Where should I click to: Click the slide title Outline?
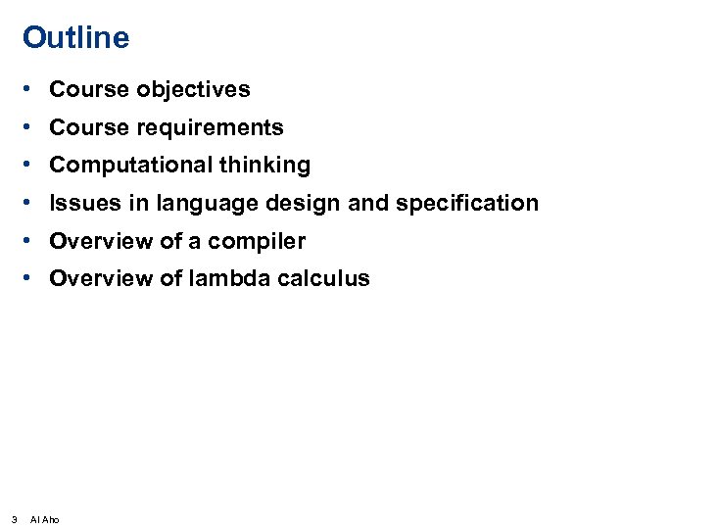pyautogui.click(x=75, y=38)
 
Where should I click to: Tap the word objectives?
pyautogui.click(x=193, y=90)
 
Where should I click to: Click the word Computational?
pyautogui.click(x=131, y=166)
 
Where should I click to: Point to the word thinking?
pyautogui.click(x=264, y=166)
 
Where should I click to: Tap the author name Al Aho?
pyautogui.click(x=45, y=519)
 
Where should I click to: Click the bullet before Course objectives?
pyautogui.click(x=32, y=90)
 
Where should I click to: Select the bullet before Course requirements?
pyautogui.click(x=32, y=127)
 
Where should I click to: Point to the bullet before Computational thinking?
pyautogui.click(x=32, y=166)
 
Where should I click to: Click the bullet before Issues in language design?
pyautogui.click(x=32, y=203)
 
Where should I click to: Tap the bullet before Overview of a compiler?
pyautogui.click(x=32, y=240)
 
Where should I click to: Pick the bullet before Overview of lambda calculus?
pyautogui.click(x=32, y=278)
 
